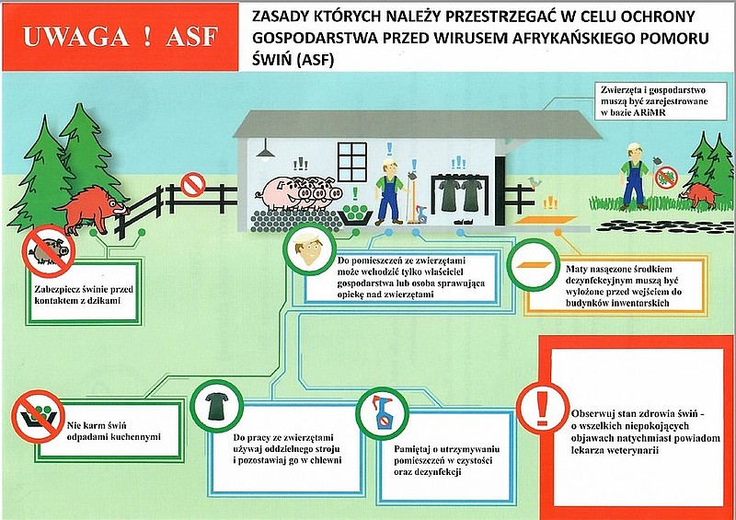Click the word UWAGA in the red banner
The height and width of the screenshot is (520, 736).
76,37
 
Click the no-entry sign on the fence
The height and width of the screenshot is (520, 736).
193,185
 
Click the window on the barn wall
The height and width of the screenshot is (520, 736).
351,162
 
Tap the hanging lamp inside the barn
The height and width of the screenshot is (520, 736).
266,151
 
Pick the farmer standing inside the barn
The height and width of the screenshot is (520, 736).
388,191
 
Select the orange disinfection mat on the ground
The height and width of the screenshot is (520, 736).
546,220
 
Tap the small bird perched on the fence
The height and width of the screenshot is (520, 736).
534,182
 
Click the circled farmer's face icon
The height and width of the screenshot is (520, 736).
309,249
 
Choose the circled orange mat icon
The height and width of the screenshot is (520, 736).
534,265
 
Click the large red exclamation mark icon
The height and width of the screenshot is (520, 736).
543,408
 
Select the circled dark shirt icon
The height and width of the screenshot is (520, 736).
216,406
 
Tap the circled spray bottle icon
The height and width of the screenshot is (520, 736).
383,413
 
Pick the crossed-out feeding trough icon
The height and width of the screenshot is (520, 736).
38,416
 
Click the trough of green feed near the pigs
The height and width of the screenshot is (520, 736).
355,214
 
